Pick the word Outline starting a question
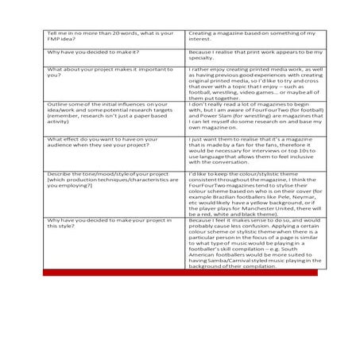pos(56,104)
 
